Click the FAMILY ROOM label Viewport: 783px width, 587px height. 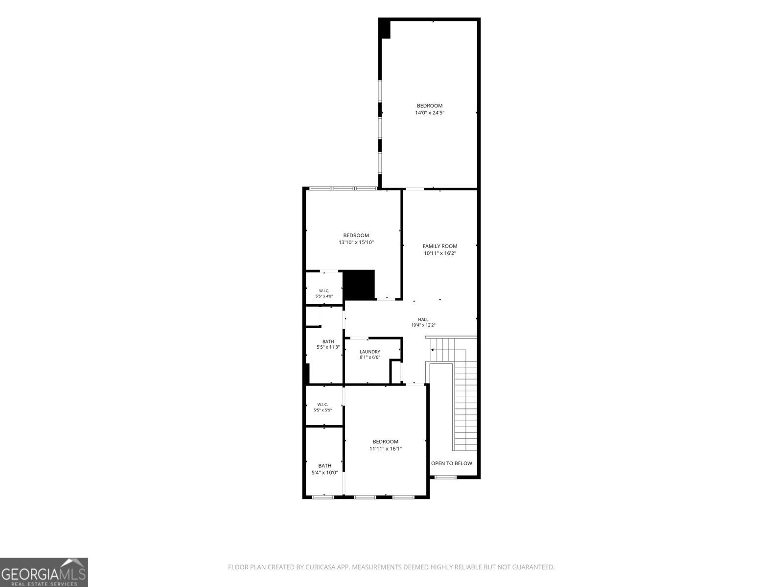click(x=440, y=246)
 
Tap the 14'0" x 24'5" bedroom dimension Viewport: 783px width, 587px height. click(x=430, y=113)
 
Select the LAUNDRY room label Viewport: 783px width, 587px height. click(x=370, y=352)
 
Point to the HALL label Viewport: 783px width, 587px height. click(x=423, y=320)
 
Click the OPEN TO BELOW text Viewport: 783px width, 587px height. click(x=452, y=463)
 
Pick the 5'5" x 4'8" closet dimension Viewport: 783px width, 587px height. click(x=324, y=296)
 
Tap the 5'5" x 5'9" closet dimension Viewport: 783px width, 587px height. click(x=322, y=410)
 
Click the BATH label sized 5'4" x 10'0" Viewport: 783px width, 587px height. click(x=324, y=466)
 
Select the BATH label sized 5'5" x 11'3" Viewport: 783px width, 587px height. click(x=328, y=342)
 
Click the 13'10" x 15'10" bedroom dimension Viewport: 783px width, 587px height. click(x=356, y=242)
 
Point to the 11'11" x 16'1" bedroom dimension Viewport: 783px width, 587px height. click(x=385, y=449)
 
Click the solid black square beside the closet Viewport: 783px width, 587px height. click(x=359, y=285)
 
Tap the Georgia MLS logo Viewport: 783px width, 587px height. click(x=44, y=572)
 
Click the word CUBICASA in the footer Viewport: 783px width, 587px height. click(x=321, y=567)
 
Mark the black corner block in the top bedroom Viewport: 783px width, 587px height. click(x=385, y=28)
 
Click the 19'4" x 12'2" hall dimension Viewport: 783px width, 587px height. click(x=423, y=325)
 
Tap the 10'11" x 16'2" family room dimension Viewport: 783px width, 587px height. click(x=440, y=253)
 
